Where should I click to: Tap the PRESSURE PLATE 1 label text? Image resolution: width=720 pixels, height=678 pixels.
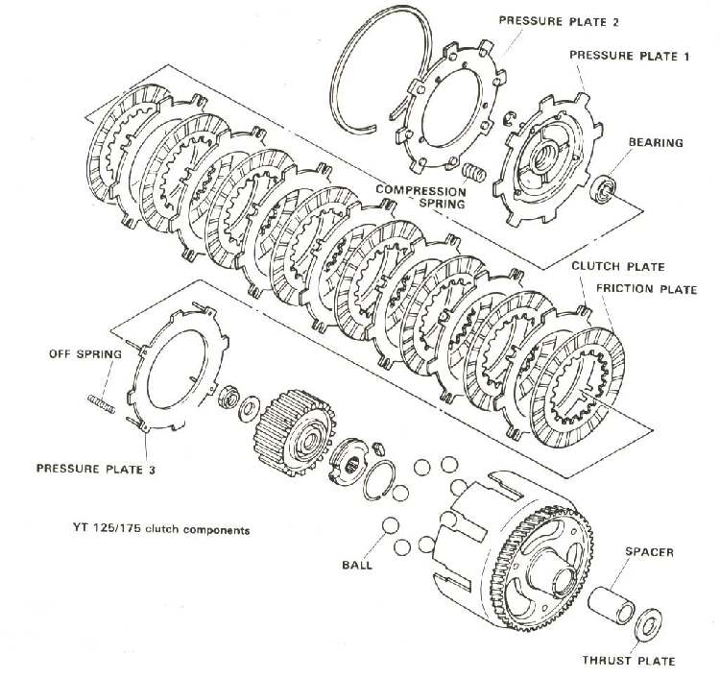click(x=630, y=56)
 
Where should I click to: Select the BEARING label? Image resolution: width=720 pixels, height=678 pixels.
click(x=656, y=143)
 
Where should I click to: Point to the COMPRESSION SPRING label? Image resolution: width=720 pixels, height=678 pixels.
click(x=420, y=197)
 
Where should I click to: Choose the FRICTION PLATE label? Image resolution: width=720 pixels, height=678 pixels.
click(x=646, y=289)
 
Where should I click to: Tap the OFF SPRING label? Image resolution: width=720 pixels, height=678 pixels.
click(x=85, y=353)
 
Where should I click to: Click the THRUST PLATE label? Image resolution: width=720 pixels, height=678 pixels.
click(x=629, y=661)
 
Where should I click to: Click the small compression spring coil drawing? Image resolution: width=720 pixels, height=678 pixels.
click(x=470, y=176)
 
